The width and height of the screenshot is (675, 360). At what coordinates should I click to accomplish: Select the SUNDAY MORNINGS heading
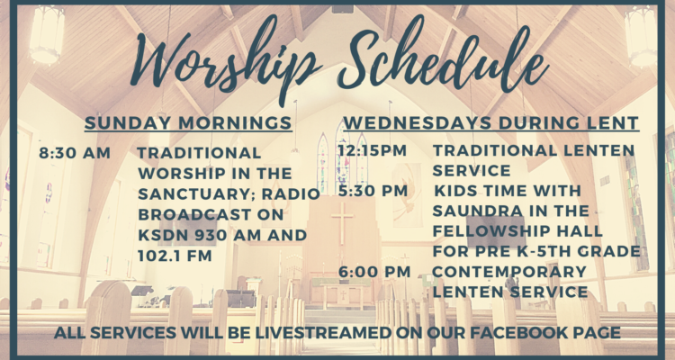tap(188, 122)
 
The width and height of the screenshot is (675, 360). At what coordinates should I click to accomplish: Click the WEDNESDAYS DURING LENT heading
tap(491, 122)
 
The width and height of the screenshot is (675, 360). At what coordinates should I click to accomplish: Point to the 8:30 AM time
tap(75, 153)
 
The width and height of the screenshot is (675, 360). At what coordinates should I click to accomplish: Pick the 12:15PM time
tap(372, 150)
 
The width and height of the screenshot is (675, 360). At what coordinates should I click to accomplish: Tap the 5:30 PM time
tap(373, 191)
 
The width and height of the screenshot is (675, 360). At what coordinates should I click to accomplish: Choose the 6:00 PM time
tap(374, 272)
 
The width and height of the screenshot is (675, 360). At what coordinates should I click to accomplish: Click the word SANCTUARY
tap(197, 194)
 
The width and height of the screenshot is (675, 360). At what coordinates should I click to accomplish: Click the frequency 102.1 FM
tap(175, 256)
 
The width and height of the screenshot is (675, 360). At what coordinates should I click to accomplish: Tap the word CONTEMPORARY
tap(509, 272)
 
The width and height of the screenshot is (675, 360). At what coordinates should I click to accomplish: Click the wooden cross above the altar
tap(342, 223)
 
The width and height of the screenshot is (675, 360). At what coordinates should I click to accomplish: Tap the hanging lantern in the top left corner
tap(47, 34)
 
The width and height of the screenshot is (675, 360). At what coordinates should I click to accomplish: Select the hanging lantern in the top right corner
tap(641, 37)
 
